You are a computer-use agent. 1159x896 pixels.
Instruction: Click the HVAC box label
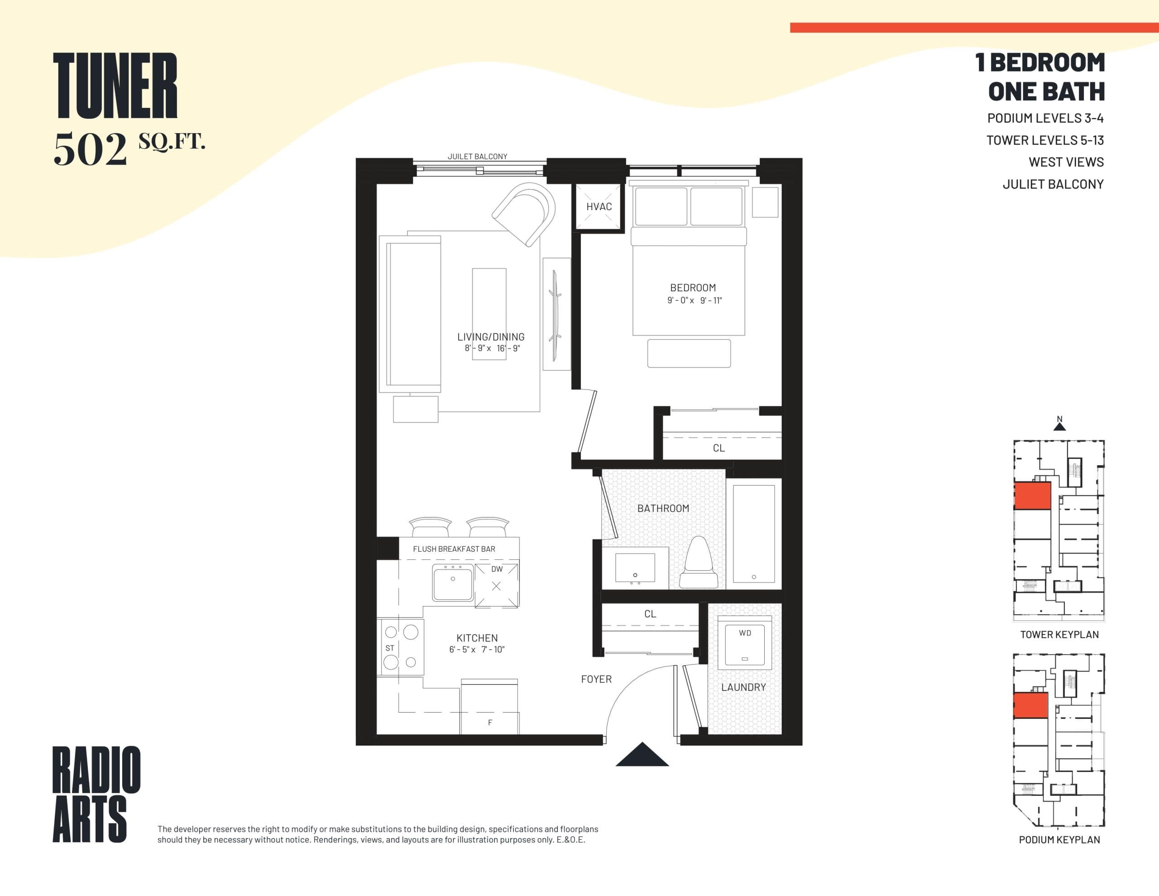pos(599,207)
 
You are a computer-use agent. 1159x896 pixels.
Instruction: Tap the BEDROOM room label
pos(693,288)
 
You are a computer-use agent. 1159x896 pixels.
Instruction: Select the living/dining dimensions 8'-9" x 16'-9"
pos(492,348)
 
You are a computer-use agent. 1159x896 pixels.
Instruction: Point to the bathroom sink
pos(635,568)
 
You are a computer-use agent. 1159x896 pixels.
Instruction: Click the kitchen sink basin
pos(453,582)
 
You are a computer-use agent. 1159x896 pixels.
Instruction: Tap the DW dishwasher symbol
pos(497,584)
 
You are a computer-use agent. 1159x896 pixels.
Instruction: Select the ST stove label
pos(390,648)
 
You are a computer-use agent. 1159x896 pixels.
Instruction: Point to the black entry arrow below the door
pos(642,756)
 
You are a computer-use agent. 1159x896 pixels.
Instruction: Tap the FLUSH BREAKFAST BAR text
pos(454,549)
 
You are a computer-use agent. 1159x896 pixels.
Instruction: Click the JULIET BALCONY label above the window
pos(477,156)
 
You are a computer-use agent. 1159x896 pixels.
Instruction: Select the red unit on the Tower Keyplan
pos(1032,496)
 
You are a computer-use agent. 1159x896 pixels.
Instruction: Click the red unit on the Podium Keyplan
pos(1030,705)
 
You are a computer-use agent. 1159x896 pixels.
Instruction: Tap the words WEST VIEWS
pos(1066,162)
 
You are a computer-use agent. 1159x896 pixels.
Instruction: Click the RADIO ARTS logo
pos(96,794)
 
